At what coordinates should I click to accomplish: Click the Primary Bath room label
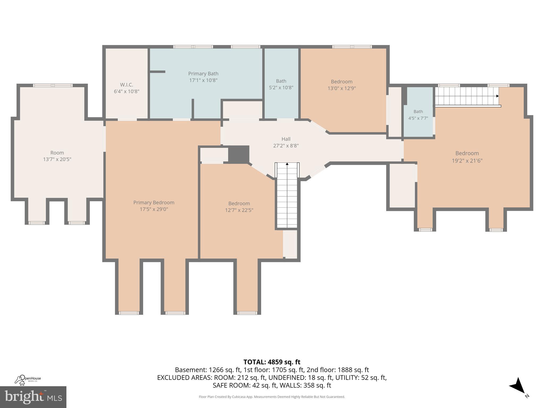coord(203,74)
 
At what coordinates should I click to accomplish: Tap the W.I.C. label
coord(126,85)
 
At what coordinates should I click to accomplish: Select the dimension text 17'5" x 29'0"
coord(154,209)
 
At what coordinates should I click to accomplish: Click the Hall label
coord(286,139)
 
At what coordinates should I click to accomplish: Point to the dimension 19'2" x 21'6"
coord(467,161)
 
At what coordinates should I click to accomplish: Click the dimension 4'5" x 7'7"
coord(418,118)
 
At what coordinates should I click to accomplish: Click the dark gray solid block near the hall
coord(239,154)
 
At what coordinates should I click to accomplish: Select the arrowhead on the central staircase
coord(287,164)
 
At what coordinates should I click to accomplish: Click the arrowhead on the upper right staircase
coord(497,96)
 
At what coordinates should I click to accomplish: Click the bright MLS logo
coord(33,397)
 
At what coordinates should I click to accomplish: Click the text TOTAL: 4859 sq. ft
coord(272,362)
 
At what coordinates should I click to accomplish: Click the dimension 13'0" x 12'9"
coord(342,88)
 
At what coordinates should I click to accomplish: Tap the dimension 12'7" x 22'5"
coord(239,210)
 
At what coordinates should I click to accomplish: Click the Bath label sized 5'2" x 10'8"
coord(281,81)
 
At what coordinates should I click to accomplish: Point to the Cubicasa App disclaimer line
coord(272,397)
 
